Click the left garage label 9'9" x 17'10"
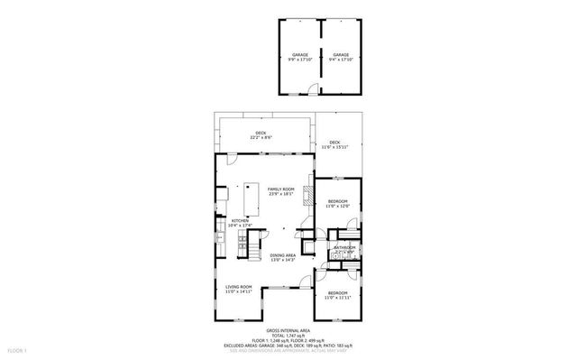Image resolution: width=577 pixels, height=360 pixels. click(x=299, y=57)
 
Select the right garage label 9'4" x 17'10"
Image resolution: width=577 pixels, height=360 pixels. click(x=341, y=57)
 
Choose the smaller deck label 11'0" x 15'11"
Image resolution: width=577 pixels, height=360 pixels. click(x=334, y=144)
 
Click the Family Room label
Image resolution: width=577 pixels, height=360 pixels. click(x=280, y=191)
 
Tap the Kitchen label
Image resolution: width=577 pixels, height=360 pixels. click(x=240, y=223)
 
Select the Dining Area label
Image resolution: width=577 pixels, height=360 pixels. click(x=282, y=257)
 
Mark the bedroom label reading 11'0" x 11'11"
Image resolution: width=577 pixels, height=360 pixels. click(x=338, y=295)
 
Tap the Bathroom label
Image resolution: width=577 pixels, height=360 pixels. click(x=345, y=250)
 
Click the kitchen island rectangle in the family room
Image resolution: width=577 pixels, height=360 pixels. click(x=247, y=198)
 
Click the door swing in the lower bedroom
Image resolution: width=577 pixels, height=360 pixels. click(x=323, y=272)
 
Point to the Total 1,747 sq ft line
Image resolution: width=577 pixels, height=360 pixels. click(x=287, y=336)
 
